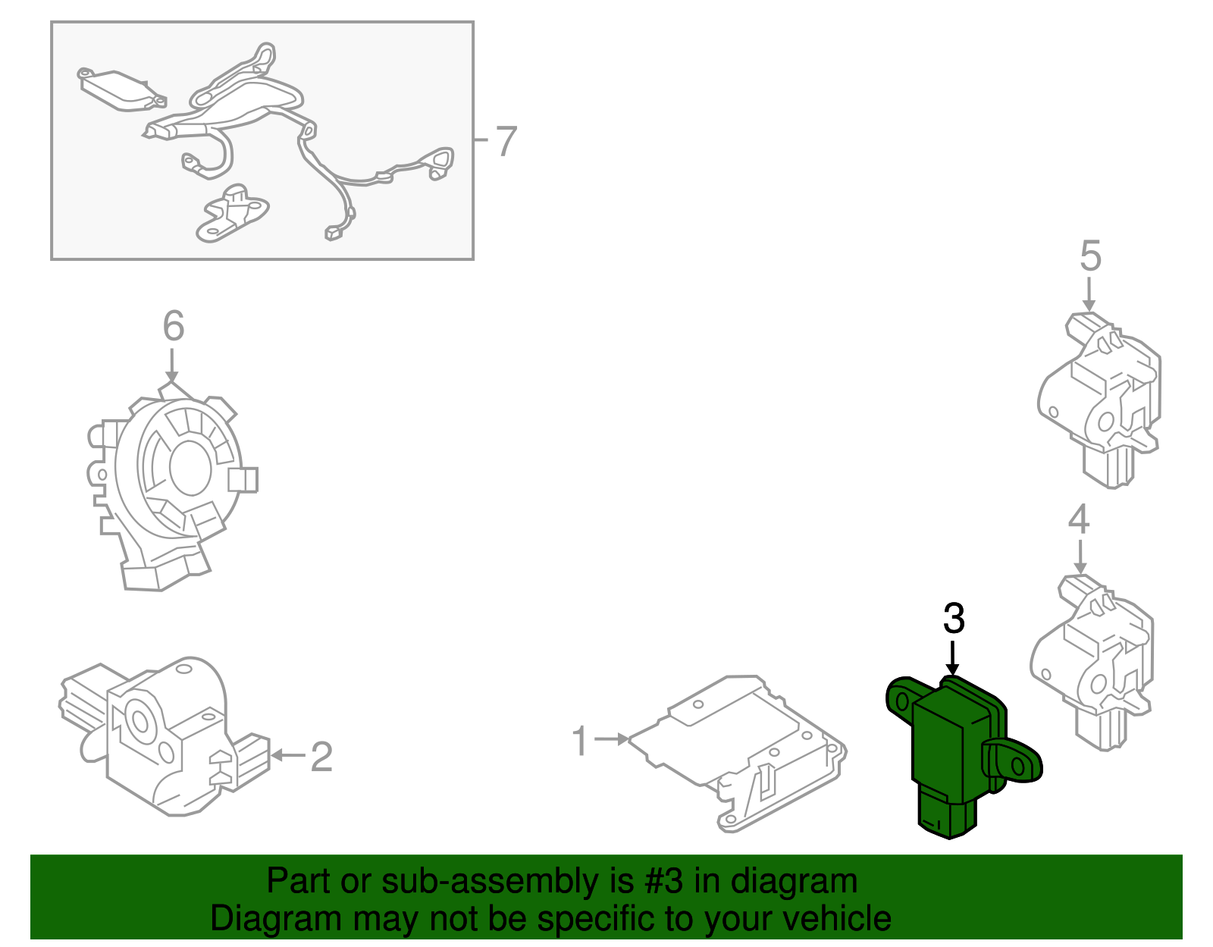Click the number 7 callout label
[506, 140]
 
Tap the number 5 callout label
[1090, 256]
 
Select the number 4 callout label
[1079, 519]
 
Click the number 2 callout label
[321, 757]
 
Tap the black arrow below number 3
[953, 658]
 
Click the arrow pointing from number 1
[612, 738]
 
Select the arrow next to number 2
[288, 756]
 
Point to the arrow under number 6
[172, 365]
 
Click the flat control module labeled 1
[738, 754]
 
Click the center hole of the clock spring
[190, 468]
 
